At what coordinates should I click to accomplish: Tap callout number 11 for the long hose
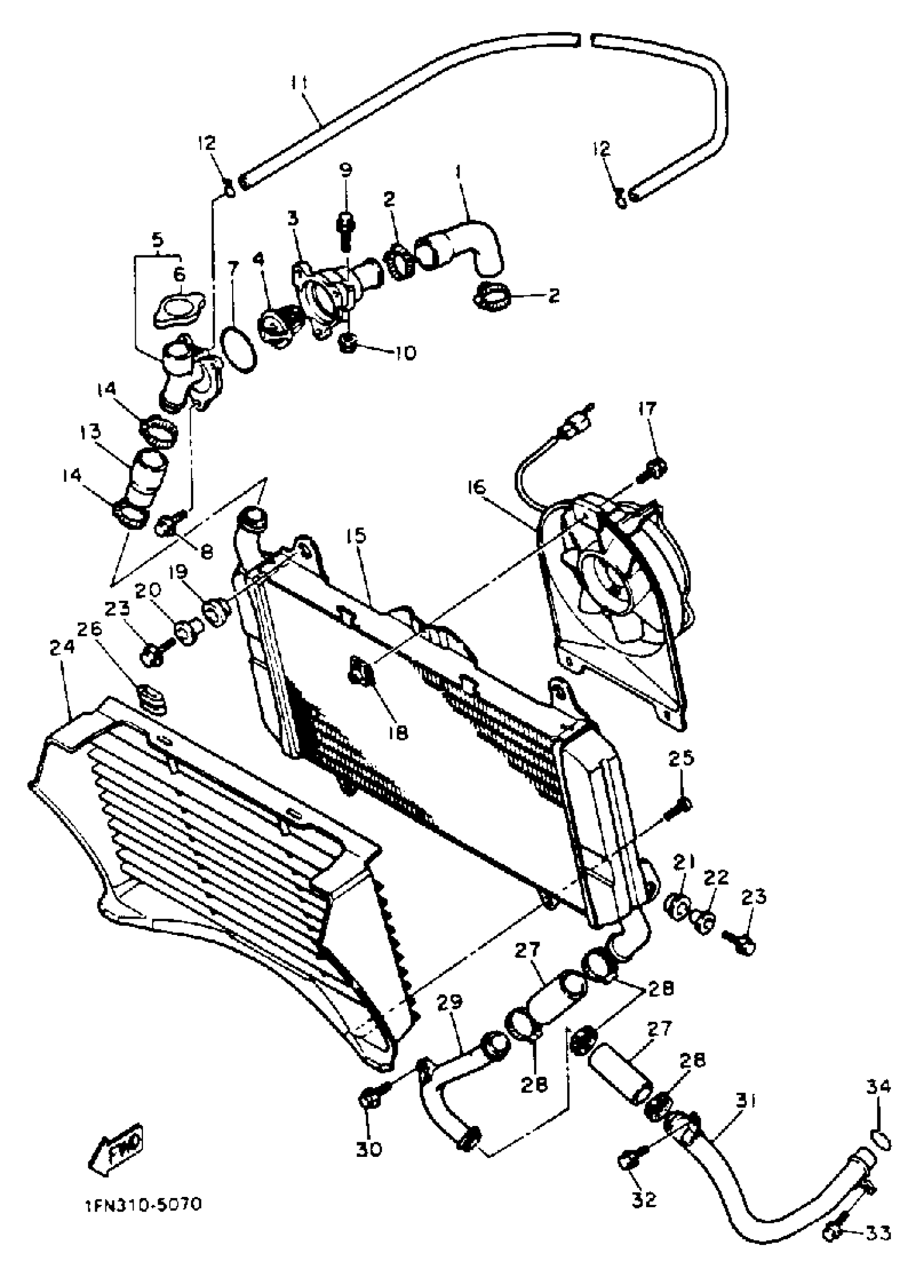[x=299, y=83]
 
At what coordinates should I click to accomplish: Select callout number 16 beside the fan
[x=476, y=487]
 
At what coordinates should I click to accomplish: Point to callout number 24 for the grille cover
[x=62, y=647]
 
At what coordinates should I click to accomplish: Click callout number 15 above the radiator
[x=357, y=535]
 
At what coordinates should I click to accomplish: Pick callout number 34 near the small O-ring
[x=878, y=1085]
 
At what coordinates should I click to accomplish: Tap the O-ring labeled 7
[x=239, y=350]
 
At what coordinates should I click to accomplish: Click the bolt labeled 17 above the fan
[x=653, y=469]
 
